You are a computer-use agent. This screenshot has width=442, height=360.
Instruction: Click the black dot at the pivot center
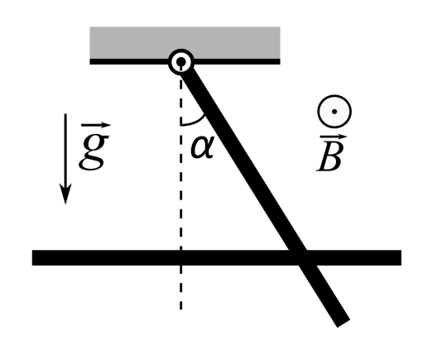pyautogui.click(x=181, y=61)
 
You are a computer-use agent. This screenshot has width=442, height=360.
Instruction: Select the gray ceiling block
pyautogui.click(x=185, y=43)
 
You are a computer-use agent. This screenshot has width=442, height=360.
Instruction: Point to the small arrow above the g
pyautogui.click(x=96, y=125)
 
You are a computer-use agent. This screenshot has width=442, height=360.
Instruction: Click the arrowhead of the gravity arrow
pyautogui.click(x=65, y=194)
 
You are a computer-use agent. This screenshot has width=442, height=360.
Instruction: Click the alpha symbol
pyautogui.click(x=203, y=146)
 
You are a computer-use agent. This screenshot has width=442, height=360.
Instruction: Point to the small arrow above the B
pyautogui.click(x=334, y=137)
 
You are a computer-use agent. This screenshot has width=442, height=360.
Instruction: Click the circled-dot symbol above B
pyautogui.click(x=334, y=112)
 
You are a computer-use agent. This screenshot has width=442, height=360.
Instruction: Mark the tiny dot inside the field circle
pyautogui.click(x=334, y=112)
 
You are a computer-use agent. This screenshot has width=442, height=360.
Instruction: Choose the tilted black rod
pyautogui.click(x=265, y=194)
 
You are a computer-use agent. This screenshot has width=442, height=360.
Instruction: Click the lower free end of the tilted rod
pyautogui.click(x=344, y=324)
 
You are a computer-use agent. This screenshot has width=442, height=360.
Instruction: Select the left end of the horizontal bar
pyautogui.click(x=32, y=257)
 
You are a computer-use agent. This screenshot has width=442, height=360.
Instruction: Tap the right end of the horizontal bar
pyautogui.click(x=401, y=257)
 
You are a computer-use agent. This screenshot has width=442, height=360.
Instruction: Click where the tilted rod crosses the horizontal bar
pyautogui.click(x=302, y=257)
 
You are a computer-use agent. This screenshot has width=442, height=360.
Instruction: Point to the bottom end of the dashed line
pyautogui.click(x=180, y=310)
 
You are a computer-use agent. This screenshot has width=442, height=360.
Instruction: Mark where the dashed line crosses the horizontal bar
pyautogui.click(x=180, y=257)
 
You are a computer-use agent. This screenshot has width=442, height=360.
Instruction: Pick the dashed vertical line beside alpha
pyautogui.click(x=180, y=186)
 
